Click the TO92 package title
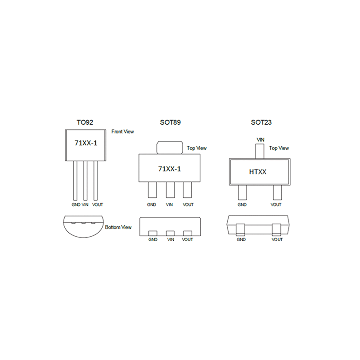[85, 122]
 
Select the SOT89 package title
[171, 122]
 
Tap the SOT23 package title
[261, 122]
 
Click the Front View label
[122, 131]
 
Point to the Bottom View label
[118, 227]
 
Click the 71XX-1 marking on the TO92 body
[86, 143]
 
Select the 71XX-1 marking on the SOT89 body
[170, 169]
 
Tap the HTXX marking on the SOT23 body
[257, 172]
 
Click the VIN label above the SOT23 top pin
[261, 139]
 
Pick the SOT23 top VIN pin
[260, 151]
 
